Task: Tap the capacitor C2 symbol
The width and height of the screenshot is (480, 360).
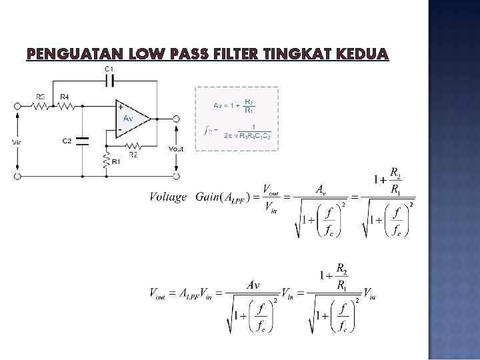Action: coord(82,141)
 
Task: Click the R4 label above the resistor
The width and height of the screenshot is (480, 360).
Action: coord(64,97)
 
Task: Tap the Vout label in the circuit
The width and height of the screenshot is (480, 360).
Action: coord(176,149)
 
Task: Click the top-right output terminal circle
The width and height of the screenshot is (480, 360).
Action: coord(176,119)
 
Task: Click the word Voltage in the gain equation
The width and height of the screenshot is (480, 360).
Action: coord(168,197)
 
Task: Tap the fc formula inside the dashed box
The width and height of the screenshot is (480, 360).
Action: coord(237,131)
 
